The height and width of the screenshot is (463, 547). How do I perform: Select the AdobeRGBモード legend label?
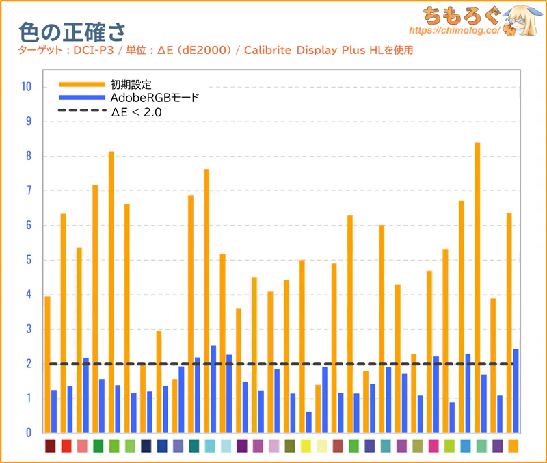click(155, 98)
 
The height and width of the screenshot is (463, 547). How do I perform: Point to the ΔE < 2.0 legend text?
click(136, 111)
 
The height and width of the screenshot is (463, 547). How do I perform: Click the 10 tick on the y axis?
click(26, 87)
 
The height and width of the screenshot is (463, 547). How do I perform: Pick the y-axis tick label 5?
click(27, 260)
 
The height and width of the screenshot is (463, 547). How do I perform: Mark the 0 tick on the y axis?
click(27, 433)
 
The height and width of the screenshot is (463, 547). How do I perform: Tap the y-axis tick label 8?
click(27, 157)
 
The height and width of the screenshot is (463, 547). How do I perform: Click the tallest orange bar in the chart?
click(477, 287)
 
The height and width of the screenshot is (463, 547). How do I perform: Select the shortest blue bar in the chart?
click(309, 422)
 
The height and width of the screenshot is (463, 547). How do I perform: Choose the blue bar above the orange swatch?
click(516, 391)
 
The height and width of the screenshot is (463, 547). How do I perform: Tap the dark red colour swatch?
click(50, 446)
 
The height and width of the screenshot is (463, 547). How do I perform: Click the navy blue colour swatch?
click(146, 446)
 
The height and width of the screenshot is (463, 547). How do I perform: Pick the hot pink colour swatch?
click(433, 446)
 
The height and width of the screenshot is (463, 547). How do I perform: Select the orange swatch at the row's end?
click(513, 446)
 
